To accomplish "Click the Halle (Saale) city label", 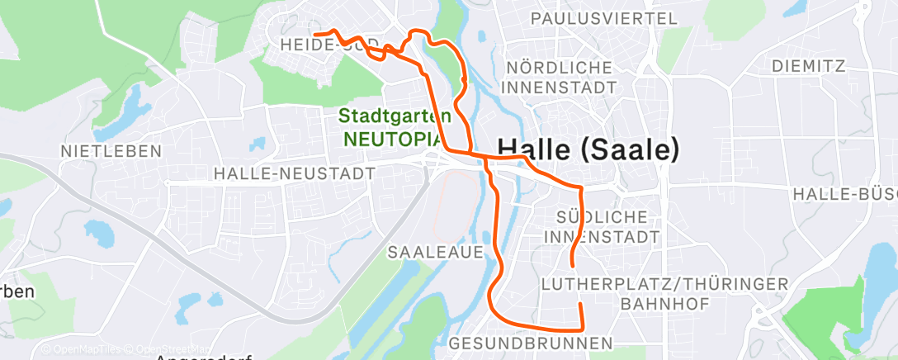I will click(588, 149).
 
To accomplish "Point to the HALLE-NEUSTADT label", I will click(294, 173).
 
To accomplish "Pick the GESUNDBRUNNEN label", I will click(532, 343).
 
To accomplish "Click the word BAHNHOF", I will click(664, 304).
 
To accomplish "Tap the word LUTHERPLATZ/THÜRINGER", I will click(664, 284).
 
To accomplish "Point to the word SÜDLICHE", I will click(601, 217).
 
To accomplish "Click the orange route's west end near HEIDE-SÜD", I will click(316, 34).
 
